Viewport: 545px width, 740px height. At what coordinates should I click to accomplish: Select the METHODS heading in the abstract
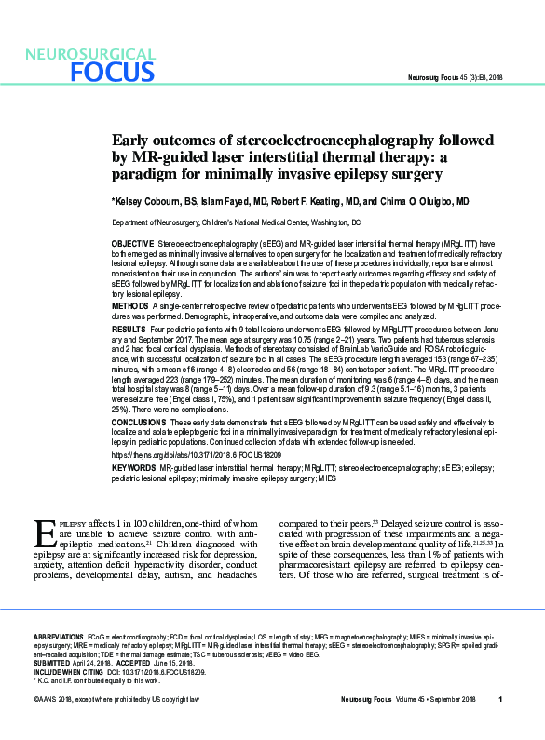(129, 304)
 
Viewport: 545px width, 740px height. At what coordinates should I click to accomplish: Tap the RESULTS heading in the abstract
(129, 330)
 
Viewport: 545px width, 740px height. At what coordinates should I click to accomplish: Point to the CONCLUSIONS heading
(139, 422)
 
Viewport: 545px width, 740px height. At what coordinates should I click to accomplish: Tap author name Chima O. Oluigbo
(416, 201)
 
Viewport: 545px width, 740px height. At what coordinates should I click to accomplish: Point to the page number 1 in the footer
(500, 725)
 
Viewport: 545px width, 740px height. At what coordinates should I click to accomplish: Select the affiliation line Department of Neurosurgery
(236, 223)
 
